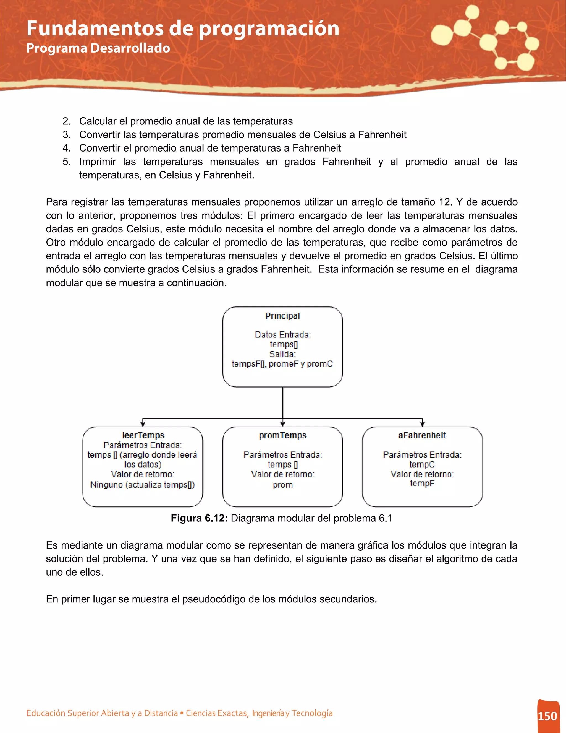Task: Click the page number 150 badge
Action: coord(547,716)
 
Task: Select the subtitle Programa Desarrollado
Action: coord(98,48)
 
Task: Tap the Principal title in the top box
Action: coord(282,316)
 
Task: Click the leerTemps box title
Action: coord(143,435)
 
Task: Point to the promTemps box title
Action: coord(282,435)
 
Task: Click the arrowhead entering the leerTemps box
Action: coord(143,424)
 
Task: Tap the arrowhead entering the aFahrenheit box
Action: coord(422,424)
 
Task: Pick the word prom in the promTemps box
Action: coord(282,485)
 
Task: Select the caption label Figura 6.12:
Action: coord(199,518)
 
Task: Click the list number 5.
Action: coord(66,162)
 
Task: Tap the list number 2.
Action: coord(66,121)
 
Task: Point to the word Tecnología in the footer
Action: coord(312,713)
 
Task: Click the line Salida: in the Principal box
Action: coord(282,354)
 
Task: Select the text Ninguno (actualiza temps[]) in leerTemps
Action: coord(143,485)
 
